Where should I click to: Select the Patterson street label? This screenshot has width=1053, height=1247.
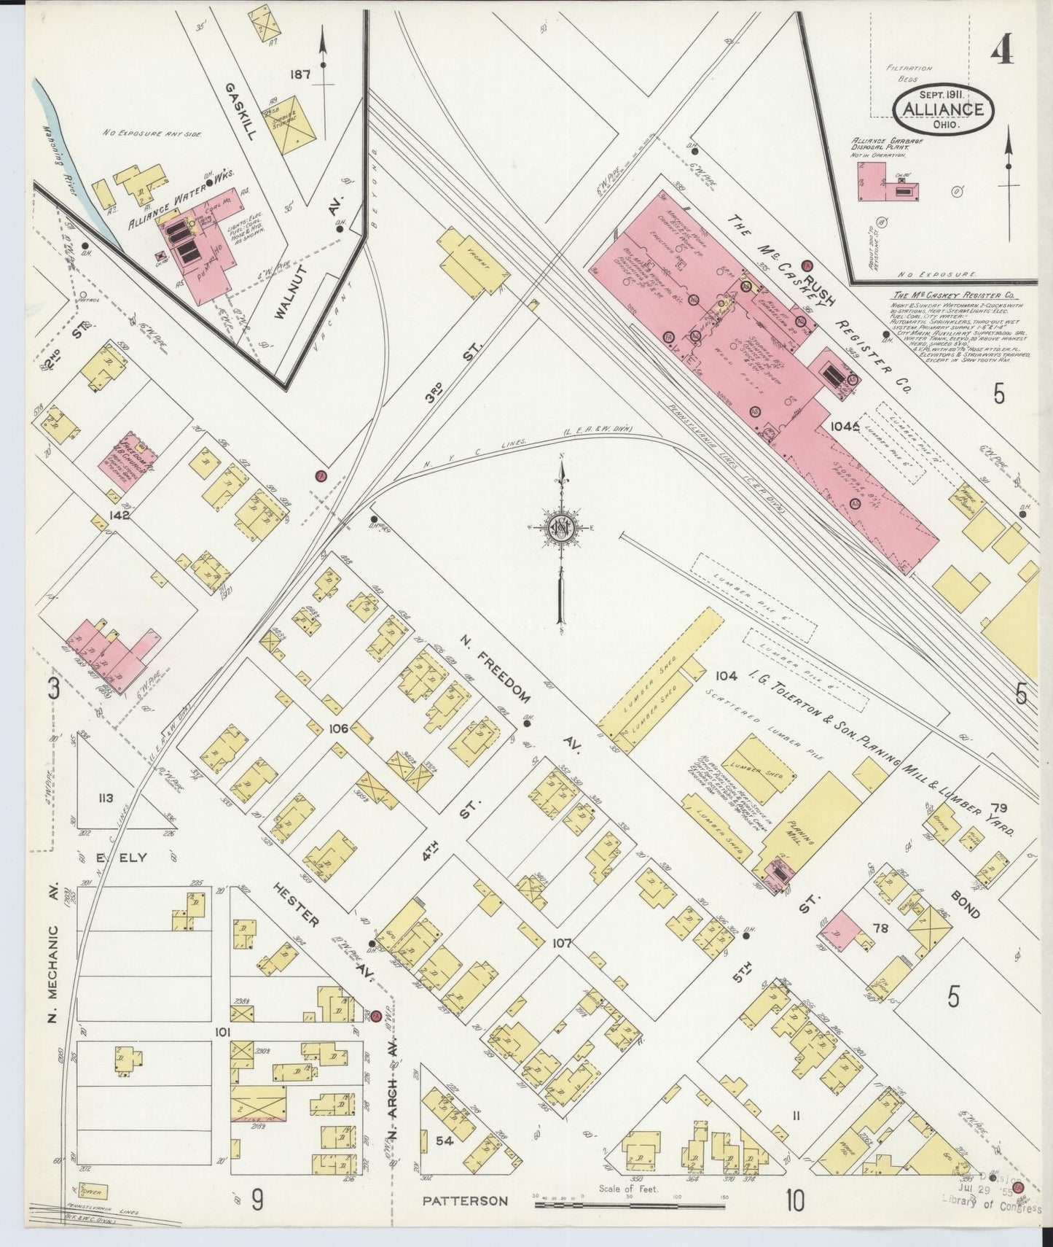[x=464, y=1200]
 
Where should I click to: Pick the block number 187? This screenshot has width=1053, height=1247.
[x=300, y=74]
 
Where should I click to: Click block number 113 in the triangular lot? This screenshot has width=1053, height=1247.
[x=106, y=798]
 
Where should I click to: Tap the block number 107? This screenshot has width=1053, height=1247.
[x=561, y=943]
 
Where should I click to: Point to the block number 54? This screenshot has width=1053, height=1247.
[x=445, y=1141]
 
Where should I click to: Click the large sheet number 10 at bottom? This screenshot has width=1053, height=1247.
[x=795, y=1200]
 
